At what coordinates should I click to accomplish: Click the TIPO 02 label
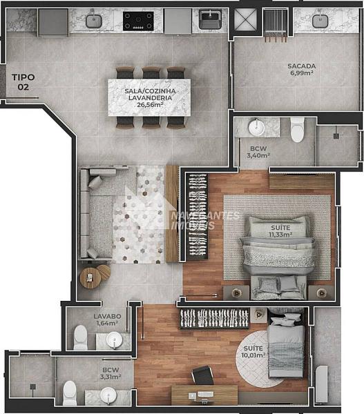pos(23,82)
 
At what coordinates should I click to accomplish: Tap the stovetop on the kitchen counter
pos(138,21)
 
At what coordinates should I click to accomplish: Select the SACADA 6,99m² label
pos(302,70)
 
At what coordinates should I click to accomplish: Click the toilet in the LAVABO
pos(80,337)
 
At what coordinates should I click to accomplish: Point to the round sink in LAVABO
pos(115,340)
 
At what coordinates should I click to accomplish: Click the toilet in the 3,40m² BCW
pos(298,130)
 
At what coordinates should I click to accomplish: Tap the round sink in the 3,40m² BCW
pos(256,128)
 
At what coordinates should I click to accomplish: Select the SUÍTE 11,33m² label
pos(280,231)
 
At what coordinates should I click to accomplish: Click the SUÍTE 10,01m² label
pos(253,352)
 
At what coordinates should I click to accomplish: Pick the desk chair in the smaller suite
pos(202,375)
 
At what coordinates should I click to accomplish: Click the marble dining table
pos(149,97)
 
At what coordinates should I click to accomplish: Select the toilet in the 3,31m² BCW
pos(70,393)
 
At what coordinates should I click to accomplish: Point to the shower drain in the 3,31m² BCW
pos(32,386)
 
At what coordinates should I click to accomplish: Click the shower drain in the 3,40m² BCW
pos(336,136)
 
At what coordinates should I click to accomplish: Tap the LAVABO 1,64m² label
pos(107,319)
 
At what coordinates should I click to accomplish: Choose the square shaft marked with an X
pos(246,20)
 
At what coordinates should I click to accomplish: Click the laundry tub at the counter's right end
pos(211,20)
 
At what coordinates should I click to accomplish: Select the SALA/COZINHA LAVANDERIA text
pos(150,95)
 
